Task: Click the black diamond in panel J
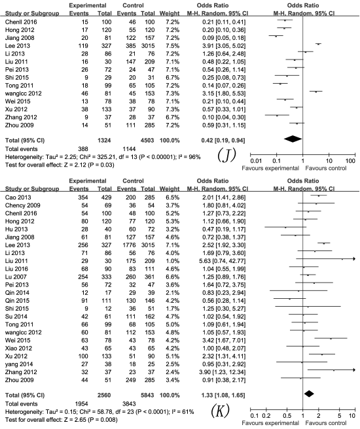[x=293, y=139]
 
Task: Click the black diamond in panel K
[x=309, y=394]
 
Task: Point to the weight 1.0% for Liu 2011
[x=173, y=261]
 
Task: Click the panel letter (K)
[x=221, y=411]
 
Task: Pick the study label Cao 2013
[x=18, y=197]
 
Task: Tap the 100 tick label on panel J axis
[x=350, y=161]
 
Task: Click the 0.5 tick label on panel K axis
[x=287, y=416]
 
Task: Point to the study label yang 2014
[x=19, y=364]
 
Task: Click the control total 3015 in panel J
[x=147, y=46]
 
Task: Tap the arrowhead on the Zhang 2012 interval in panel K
[x=353, y=370]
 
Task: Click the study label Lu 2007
[x=16, y=277]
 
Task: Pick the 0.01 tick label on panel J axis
[x=256, y=161]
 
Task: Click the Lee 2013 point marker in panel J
[x=318, y=44]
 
